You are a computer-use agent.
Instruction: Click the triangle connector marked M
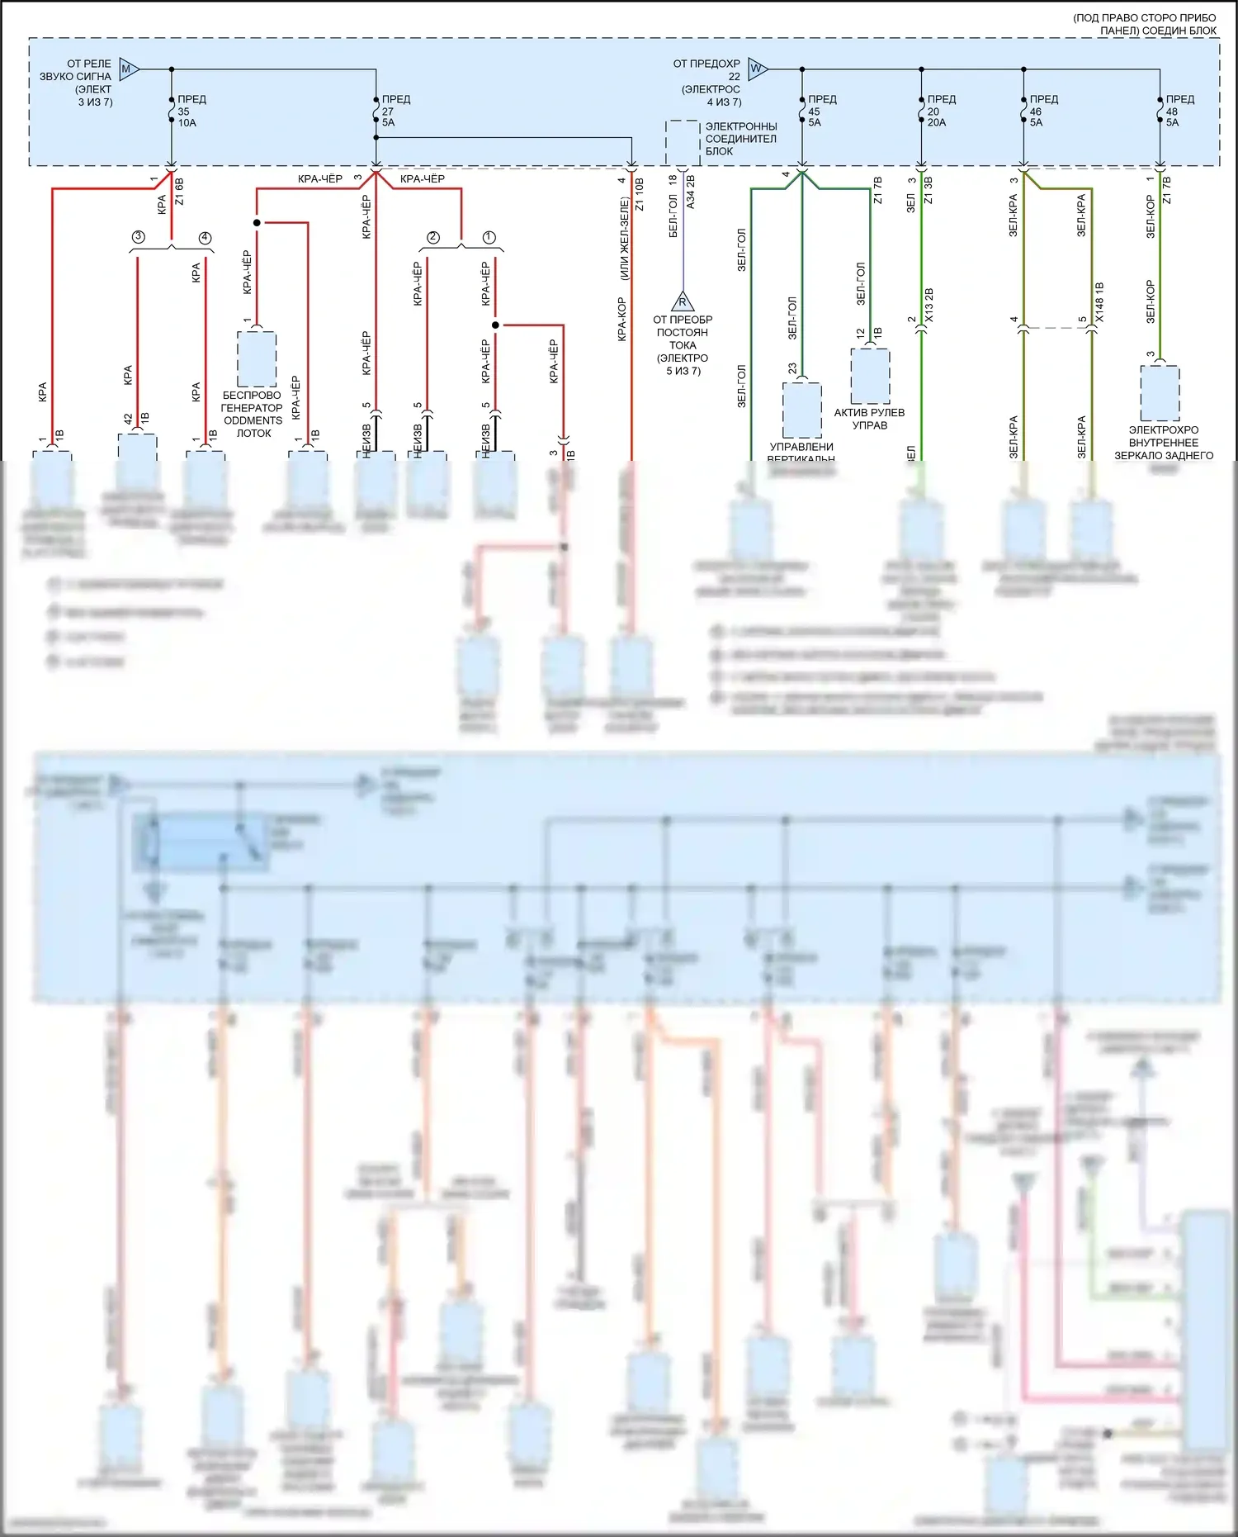coord(128,69)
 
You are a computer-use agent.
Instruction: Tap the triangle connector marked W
coord(757,69)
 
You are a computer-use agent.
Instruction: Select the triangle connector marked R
coord(683,301)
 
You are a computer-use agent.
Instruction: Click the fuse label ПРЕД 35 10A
coord(191,111)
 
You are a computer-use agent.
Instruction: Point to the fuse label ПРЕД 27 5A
coord(395,111)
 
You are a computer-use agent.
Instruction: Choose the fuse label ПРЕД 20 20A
coord(940,111)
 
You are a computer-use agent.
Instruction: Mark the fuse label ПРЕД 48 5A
coord(1179,111)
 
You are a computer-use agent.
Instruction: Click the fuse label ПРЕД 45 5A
coord(821,111)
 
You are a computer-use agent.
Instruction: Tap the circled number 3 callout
coord(138,237)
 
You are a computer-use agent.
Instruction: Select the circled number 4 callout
coord(205,238)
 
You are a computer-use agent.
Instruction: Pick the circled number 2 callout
coord(433,238)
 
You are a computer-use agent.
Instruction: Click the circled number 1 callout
coord(489,238)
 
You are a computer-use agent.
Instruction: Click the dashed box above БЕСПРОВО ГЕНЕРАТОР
coord(257,359)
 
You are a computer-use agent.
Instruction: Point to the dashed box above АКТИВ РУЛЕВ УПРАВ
coord(870,376)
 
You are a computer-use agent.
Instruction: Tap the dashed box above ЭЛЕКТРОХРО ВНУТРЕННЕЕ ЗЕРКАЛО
coord(1160,393)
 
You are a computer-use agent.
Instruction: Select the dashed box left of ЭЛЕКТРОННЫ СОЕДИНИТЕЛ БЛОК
coord(683,143)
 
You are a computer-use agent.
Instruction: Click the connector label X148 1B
coord(1099,302)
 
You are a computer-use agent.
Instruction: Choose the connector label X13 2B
coord(929,306)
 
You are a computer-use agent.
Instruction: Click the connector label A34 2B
coord(691,192)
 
